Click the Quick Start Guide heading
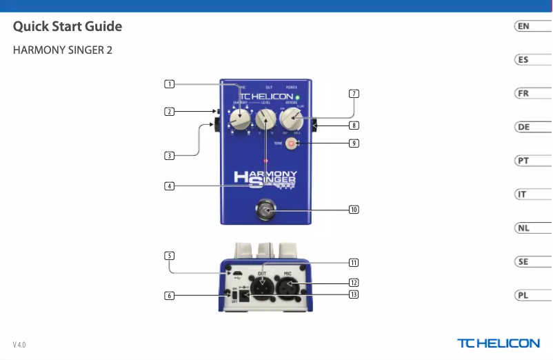pos(68,27)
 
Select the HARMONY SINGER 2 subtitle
pos(63,51)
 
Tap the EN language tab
pos(524,26)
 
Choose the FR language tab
pos(524,93)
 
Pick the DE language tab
pos(524,127)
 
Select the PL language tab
pos(524,295)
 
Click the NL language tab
pos(524,228)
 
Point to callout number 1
pos(169,84)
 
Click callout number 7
pos(353,93)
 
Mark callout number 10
pos(353,209)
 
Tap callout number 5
pos(169,255)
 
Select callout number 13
pos(353,294)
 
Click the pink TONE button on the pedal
pos(292,143)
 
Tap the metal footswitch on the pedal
pos(265,210)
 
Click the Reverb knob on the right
pos(292,120)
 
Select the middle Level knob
pos(265,121)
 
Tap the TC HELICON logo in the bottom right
pos(499,343)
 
